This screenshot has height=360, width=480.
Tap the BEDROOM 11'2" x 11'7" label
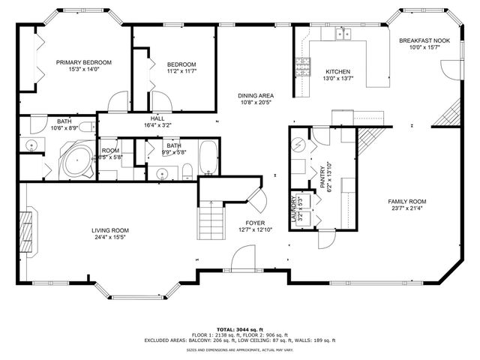point(181,64)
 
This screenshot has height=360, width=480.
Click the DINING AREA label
point(255,96)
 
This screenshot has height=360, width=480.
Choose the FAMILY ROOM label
point(406,202)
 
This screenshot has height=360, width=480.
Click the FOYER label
point(255,223)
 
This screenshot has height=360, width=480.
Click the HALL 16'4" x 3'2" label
point(157,118)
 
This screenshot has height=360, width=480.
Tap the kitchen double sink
point(344,33)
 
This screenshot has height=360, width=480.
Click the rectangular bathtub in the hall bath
point(207,158)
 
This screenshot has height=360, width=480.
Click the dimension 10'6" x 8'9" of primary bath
point(64,128)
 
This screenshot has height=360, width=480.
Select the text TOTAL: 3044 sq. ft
point(240,329)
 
